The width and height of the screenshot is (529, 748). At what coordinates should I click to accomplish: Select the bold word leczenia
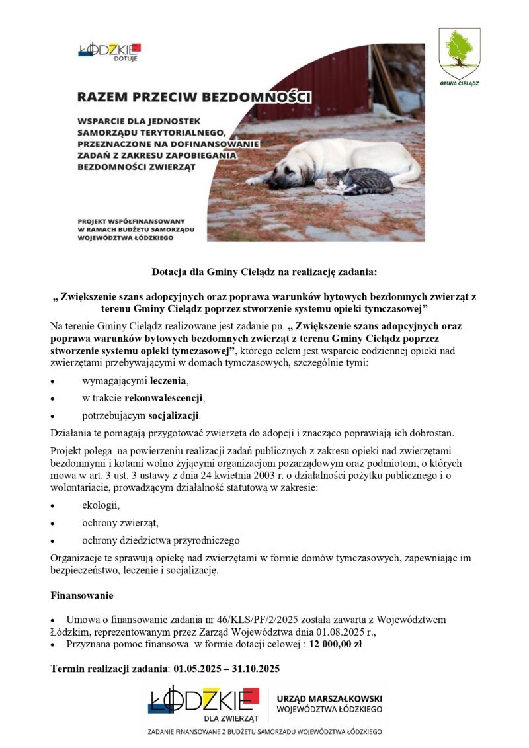tap(169, 381)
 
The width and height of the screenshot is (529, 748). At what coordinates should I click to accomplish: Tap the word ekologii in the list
tap(101, 505)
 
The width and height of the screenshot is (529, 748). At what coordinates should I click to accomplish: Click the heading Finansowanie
tap(82, 596)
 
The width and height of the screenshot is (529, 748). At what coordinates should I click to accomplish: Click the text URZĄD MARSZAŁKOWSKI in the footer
tap(329, 698)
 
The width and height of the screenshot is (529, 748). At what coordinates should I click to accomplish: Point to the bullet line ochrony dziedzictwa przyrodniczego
tap(161, 540)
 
